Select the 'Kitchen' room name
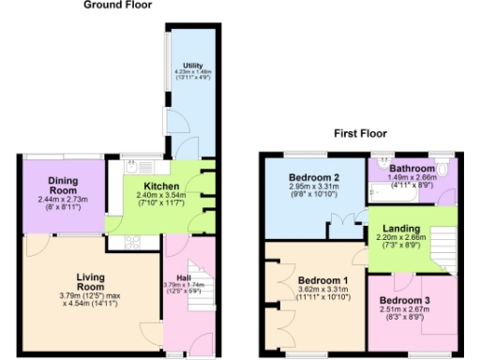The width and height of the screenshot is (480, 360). [x=160, y=186]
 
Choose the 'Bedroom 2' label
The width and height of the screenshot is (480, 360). [x=313, y=178]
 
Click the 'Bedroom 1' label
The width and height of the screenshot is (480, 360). [x=322, y=280]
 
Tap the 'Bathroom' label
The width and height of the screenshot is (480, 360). [x=409, y=168]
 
